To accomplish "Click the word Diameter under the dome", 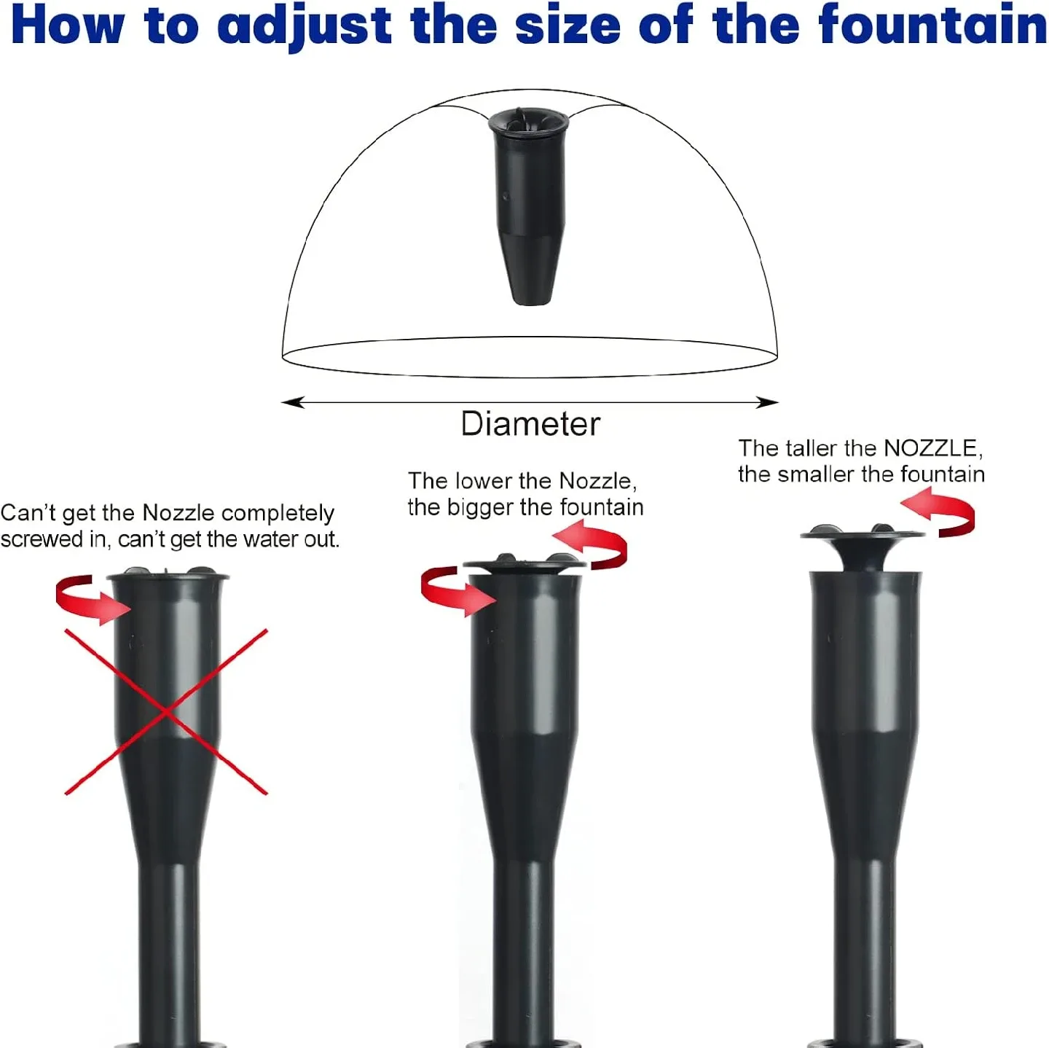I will pos(530,424).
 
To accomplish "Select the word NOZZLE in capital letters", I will pos(932,447).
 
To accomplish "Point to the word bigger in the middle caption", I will pos(481,507).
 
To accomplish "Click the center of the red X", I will pos(167,711).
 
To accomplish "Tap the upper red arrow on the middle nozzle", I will pos(593,547).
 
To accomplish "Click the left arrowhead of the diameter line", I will pos(291,402).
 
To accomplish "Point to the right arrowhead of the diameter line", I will pos(769,402).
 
